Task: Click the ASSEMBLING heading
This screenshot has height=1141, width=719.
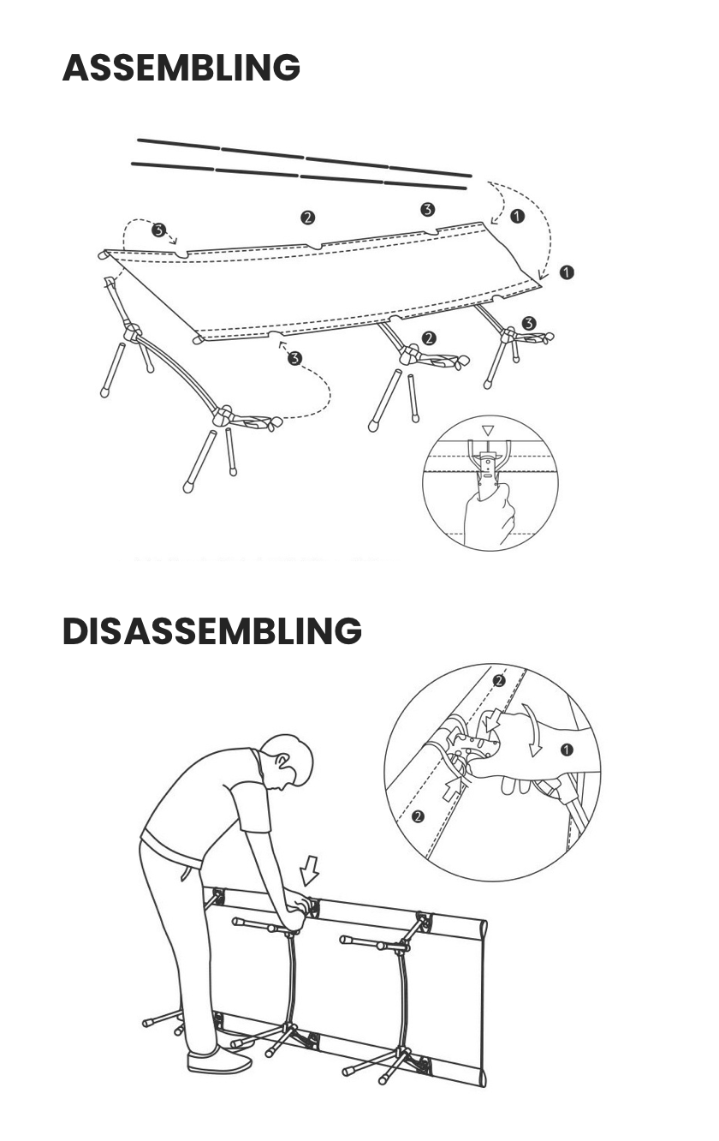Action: pyautogui.click(x=181, y=67)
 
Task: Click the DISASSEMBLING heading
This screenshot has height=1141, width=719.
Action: pyautogui.click(x=212, y=630)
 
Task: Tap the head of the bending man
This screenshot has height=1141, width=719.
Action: pyautogui.click(x=287, y=761)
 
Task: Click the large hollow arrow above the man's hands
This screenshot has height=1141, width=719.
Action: pyautogui.click(x=309, y=870)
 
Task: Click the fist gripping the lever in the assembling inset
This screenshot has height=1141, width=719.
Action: pyautogui.click(x=489, y=515)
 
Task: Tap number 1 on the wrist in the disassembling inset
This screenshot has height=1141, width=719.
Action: pyautogui.click(x=567, y=750)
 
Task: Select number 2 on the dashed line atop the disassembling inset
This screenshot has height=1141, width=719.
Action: pyautogui.click(x=499, y=680)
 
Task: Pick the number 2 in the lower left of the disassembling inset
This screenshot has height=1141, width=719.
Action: pyautogui.click(x=417, y=816)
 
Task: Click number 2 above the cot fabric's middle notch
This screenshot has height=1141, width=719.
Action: pyautogui.click(x=307, y=218)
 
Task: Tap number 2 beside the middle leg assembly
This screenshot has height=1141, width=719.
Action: pyautogui.click(x=430, y=338)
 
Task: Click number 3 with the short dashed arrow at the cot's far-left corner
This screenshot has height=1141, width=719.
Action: pyautogui.click(x=158, y=230)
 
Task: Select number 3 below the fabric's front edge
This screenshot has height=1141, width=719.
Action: pyautogui.click(x=294, y=359)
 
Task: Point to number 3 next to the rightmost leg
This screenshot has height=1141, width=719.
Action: pyautogui.click(x=529, y=323)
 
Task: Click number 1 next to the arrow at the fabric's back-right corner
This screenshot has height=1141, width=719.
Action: pyautogui.click(x=517, y=216)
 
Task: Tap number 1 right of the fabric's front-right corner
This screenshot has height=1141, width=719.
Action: pyautogui.click(x=567, y=272)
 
